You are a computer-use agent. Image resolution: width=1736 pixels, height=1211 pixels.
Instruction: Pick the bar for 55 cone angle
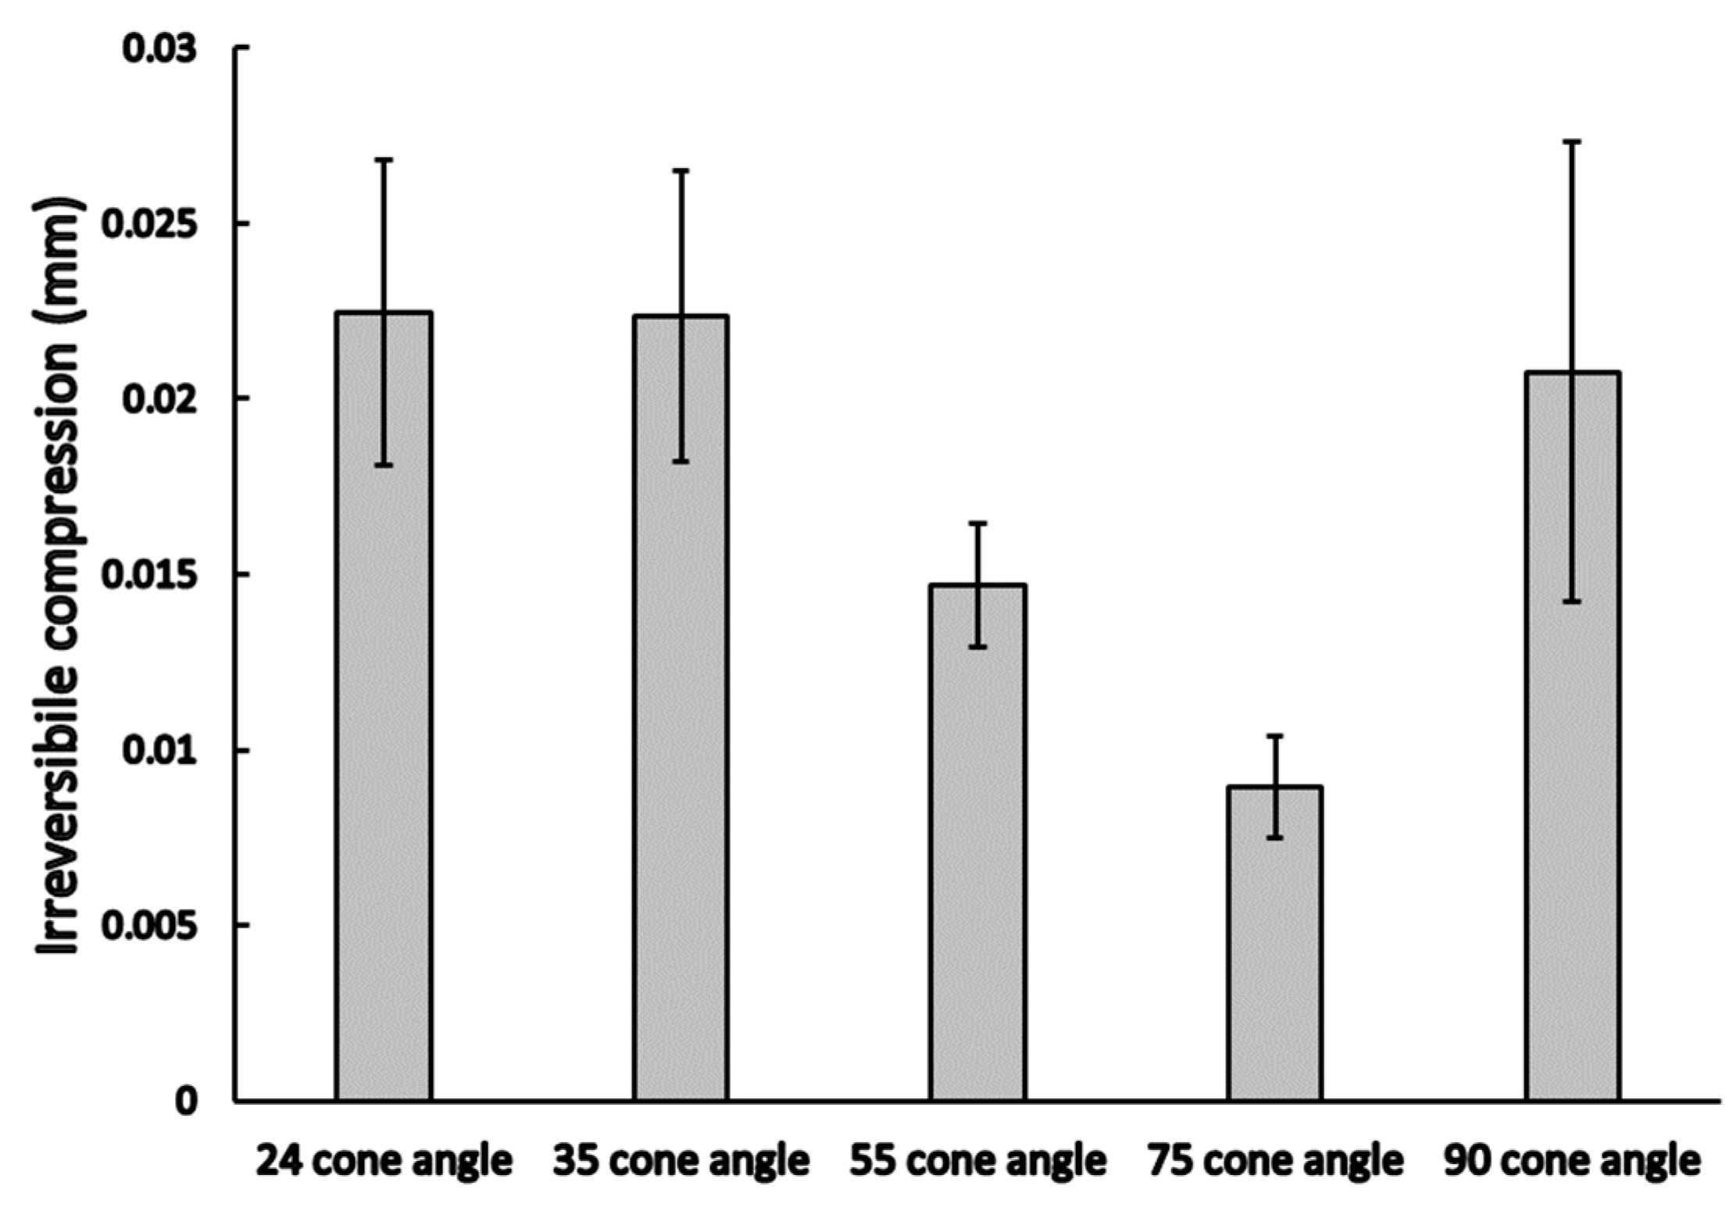tap(978, 844)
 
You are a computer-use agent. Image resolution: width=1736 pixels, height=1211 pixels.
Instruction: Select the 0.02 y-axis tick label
tap(159, 399)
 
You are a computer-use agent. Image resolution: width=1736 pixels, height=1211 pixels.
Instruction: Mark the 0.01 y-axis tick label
tap(159, 751)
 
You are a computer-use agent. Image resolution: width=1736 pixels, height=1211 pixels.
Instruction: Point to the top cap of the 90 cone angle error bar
tap(1572, 141)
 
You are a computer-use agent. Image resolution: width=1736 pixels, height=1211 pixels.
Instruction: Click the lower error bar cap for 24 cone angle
tap(384, 466)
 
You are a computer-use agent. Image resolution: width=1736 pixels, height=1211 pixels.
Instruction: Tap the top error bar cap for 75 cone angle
tap(1275, 735)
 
